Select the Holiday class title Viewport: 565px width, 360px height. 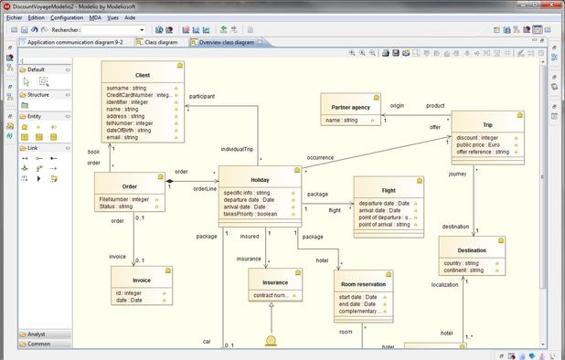tap(260, 180)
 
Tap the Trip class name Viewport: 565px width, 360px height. tap(487, 124)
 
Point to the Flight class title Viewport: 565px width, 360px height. tap(389, 190)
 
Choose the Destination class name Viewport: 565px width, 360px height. tap(471, 250)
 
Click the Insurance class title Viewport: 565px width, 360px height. tap(269, 282)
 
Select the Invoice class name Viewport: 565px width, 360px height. tap(142, 281)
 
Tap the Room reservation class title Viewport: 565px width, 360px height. tap(363, 284)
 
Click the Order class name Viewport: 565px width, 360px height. tap(129, 185)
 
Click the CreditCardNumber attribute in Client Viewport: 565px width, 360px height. tap(137, 95)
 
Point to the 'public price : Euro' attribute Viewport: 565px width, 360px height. tap(481, 144)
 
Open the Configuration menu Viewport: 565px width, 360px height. tap(66, 17)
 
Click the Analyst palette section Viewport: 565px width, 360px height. tap(40, 334)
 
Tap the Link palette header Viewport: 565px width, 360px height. tap(34, 147)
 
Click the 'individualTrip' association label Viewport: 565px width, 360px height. tap(237, 148)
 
